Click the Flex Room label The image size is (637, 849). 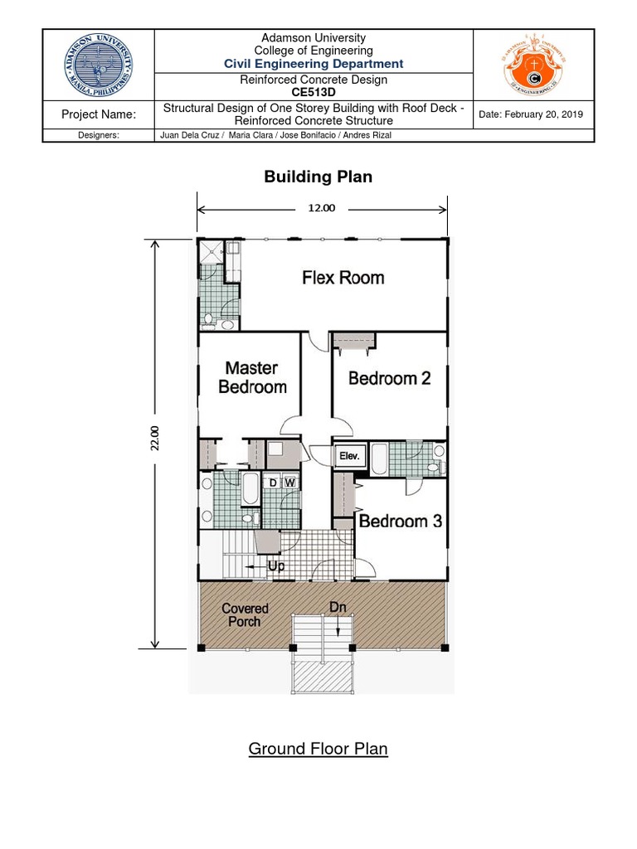pyautogui.click(x=343, y=278)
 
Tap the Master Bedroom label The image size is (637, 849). pyautogui.click(x=251, y=377)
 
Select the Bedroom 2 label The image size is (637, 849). pyautogui.click(x=389, y=378)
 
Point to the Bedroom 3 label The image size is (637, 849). pyautogui.click(x=400, y=521)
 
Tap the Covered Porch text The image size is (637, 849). pyautogui.click(x=245, y=614)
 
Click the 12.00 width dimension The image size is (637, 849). pyautogui.click(x=322, y=208)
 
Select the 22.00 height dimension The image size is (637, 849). pyautogui.click(x=153, y=439)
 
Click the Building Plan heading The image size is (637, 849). pyautogui.click(x=318, y=177)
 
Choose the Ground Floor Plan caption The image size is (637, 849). pyautogui.click(x=318, y=749)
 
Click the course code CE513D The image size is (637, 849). pyautogui.click(x=314, y=93)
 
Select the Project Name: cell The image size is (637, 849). pyautogui.click(x=99, y=114)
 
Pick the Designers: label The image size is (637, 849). pyautogui.click(x=99, y=135)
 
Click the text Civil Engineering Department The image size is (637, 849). pyautogui.click(x=314, y=64)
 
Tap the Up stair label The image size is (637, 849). pyautogui.click(x=276, y=566)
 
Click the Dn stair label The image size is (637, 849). pyautogui.click(x=338, y=608)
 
